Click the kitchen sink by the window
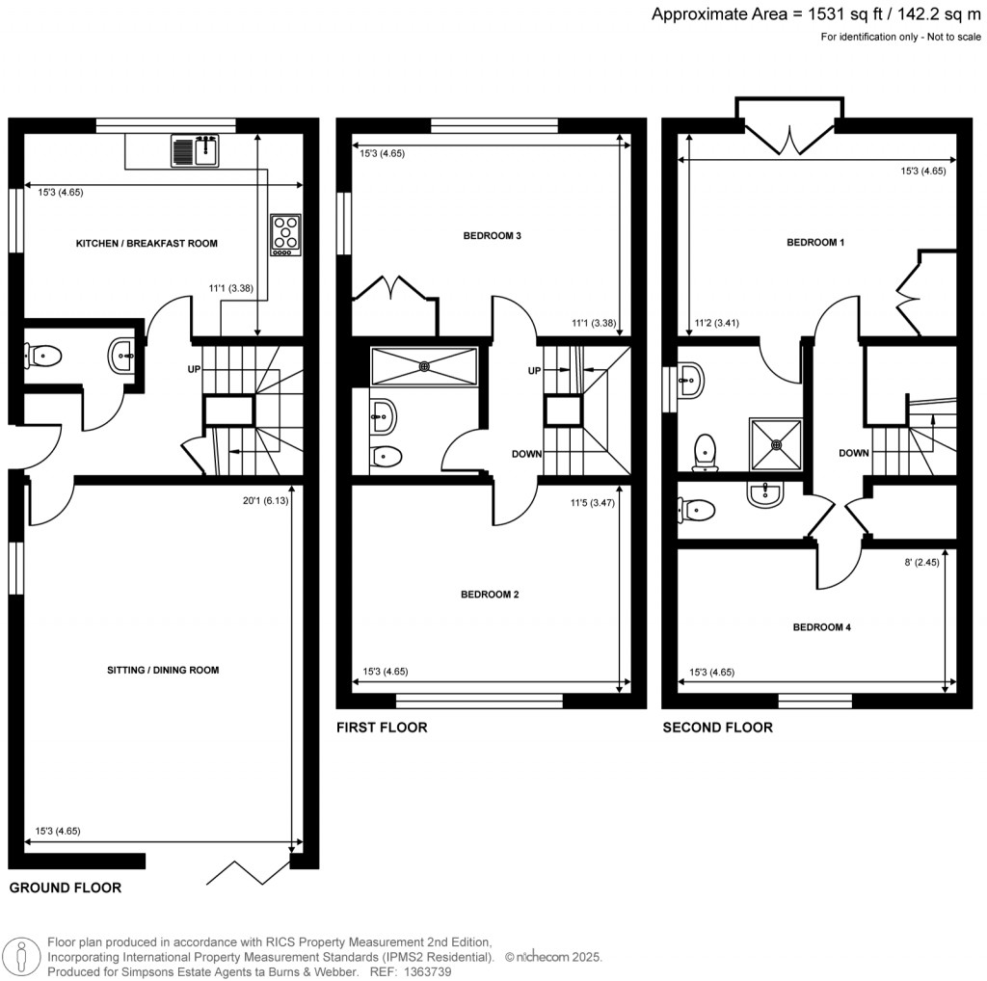(196, 150)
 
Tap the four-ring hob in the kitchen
(286, 234)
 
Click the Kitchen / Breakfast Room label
(147, 244)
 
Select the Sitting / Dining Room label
(162, 670)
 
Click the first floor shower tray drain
(424, 365)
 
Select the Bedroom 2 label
(490, 595)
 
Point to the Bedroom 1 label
(815, 243)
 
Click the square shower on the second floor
(775, 444)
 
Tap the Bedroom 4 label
(821, 627)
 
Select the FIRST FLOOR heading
(381, 728)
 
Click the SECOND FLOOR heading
(717, 728)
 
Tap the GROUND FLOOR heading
(65, 888)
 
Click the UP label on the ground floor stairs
(194, 369)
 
